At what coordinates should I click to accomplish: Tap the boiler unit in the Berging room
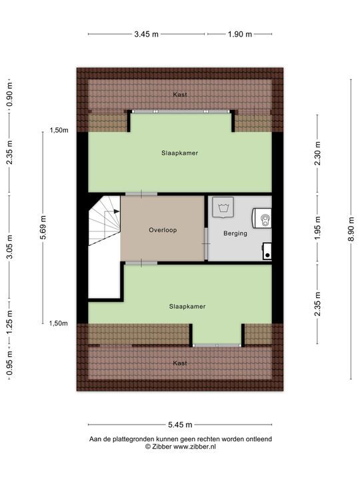[x=263, y=218]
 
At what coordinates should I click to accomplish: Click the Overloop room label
[x=163, y=229]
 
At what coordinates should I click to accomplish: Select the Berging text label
[x=236, y=233]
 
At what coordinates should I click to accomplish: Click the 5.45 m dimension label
[x=180, y=424]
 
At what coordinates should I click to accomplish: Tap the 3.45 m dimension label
[x=147, y=34]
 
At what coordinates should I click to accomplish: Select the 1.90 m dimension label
[x=239, y=34]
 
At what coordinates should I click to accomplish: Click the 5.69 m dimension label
[x=44, y=227]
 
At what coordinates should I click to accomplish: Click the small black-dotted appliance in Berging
[x=267, y=251]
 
